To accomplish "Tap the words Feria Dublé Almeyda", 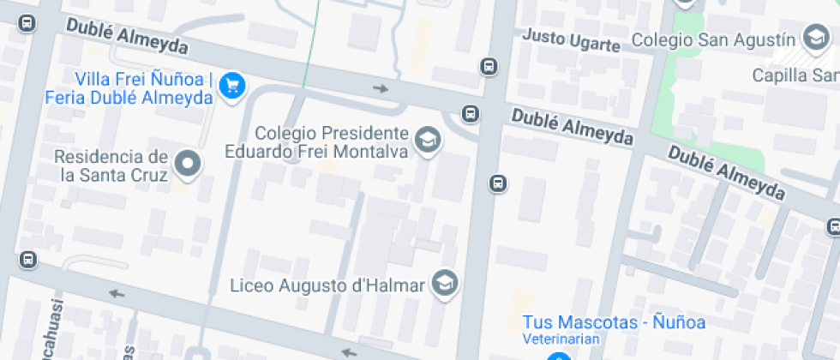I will (148, 98).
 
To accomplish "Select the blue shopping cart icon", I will (232, 85).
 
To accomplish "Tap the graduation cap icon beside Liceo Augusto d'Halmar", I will (444, 283).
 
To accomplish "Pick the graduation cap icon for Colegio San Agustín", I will (813, 38).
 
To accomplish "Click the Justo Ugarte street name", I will (570, 38).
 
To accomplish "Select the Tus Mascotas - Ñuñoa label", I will (614, 323).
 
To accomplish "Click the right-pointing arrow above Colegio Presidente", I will (381, 88).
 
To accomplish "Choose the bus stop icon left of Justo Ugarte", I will (489, 66).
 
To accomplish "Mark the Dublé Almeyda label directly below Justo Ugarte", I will (572, 125).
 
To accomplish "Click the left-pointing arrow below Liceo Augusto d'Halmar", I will (348, 351).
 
